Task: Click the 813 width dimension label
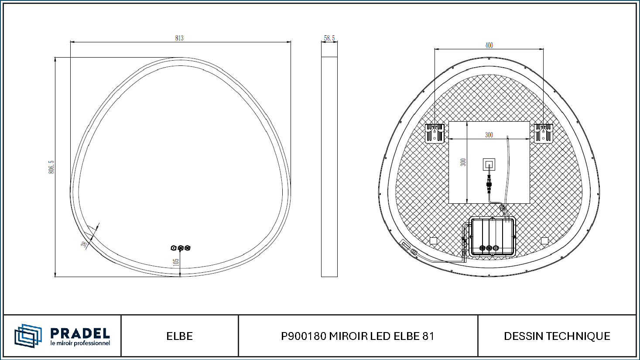[x=179, y=38]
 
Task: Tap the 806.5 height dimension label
[x=51, y=167]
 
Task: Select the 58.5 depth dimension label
[x=329, y=38]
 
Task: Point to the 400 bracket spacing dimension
[x=489, y=45]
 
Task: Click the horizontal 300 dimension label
[x=489, y=135]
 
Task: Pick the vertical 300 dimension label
[x=463, y=162]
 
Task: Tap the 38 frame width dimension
[x=84, y=244]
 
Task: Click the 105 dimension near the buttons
[x=176, y=262]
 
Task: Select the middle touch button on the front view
[x=181, y=248]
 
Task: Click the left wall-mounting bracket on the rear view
[x=435, y=133]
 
